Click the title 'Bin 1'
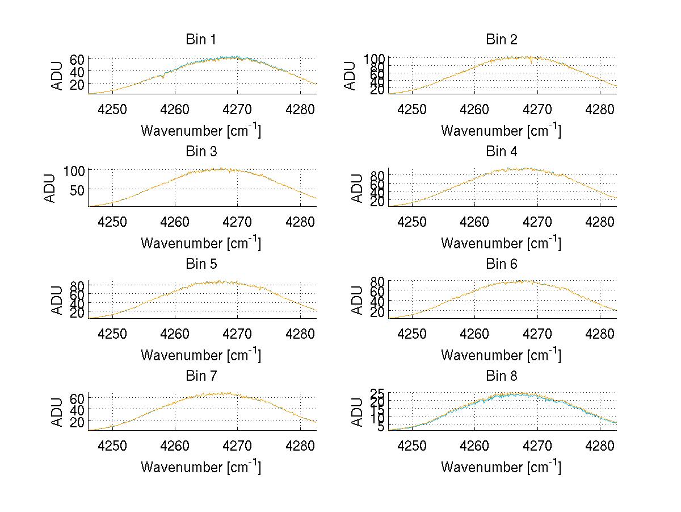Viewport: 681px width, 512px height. coord(200,40)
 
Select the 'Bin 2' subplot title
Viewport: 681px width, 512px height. coord(501,40)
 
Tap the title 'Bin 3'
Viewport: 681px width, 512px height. coord(200,152)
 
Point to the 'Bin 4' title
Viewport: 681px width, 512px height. coord(501,152)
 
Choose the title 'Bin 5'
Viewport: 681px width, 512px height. coord(200,264)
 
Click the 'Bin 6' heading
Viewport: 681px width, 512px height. coord(501,264)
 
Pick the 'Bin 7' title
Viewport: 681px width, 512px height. coord(200,376)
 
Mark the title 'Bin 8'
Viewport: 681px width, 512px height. coord(501,376)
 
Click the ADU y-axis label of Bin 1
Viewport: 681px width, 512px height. coord(57,76)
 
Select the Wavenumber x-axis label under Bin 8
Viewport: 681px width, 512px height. coord(501,467)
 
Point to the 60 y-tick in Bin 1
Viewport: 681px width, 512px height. coord(78,59)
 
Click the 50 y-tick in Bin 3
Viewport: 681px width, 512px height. coord(78,189)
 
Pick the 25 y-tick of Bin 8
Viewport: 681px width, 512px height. coord(378,393)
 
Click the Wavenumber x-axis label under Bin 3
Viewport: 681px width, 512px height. coord(201,243)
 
